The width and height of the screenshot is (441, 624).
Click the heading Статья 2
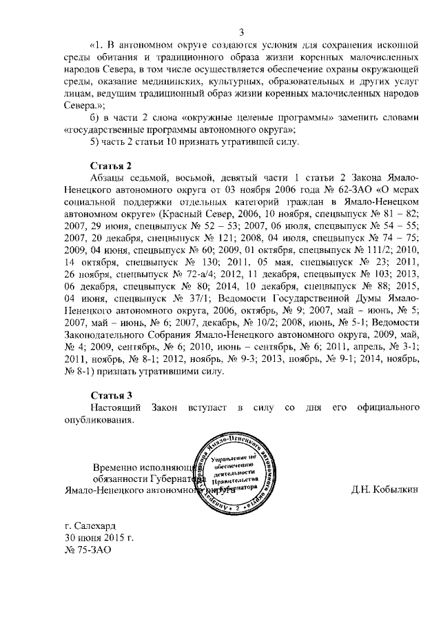pyautogui.click(x=112, y=167)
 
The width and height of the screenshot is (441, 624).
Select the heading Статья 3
pyautogui.click(x=112, y=395)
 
